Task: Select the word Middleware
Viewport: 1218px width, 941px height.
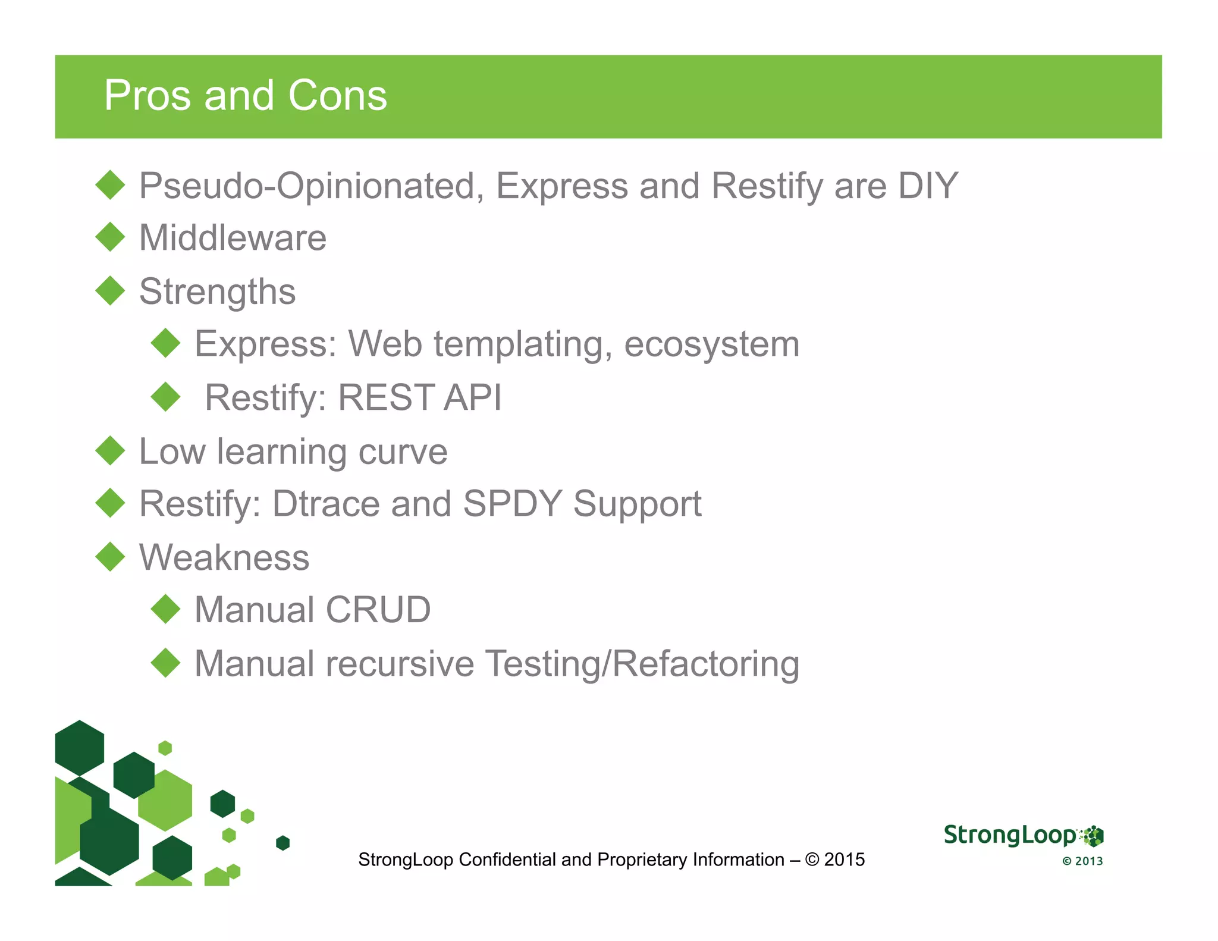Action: (233, 238)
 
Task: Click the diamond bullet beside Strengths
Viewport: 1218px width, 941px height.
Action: (110, 291)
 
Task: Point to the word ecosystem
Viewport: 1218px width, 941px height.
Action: (711, 344)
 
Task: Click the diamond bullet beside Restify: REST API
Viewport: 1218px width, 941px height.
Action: (165, 397)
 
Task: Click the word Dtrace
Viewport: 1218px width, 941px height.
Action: (326, 504)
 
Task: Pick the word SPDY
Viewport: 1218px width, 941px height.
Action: (512, 504)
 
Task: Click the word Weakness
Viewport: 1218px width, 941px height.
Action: (224, 558)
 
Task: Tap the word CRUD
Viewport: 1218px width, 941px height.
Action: (378, 610)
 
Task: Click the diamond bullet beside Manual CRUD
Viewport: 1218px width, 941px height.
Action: (165, 609)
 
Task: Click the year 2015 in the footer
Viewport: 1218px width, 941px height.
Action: (845, 860)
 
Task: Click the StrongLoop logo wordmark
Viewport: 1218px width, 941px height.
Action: (1010, 835)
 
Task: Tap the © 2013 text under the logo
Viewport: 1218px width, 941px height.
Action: (1082, 861)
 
